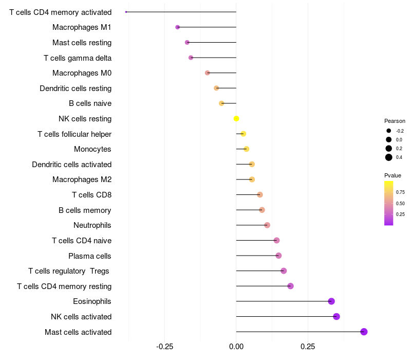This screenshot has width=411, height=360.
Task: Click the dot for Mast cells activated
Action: (364, 332)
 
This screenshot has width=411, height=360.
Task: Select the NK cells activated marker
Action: (337, 316)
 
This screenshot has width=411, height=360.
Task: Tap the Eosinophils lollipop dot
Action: (331, 301)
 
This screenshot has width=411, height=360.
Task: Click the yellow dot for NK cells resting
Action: (236, 119)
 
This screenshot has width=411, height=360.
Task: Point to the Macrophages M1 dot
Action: (178, 27)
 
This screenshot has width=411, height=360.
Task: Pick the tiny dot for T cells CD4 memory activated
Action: (126, 12)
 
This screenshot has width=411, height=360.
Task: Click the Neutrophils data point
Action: (267, 225)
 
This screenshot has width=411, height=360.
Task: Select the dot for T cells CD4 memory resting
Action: (290, 286)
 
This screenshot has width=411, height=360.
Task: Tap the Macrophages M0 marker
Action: (208, 73)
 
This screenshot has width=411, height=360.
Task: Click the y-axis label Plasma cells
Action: (90, 256)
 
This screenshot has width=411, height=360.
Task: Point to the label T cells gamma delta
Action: (78, 58)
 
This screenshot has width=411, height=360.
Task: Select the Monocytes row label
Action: (92, 149)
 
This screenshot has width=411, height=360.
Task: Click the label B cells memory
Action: (85, 210)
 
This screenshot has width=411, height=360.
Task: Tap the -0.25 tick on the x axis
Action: (164, 347)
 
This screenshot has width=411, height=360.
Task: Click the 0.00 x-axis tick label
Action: (236, 347)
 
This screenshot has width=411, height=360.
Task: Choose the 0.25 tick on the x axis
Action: (308, 347)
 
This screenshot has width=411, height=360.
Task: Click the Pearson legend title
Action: (395, 121)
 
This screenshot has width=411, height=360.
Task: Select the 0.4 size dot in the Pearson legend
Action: (389, 157)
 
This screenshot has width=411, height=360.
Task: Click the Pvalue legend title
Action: (393, 175)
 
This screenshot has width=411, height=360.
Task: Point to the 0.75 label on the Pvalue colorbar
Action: (400, 192)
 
